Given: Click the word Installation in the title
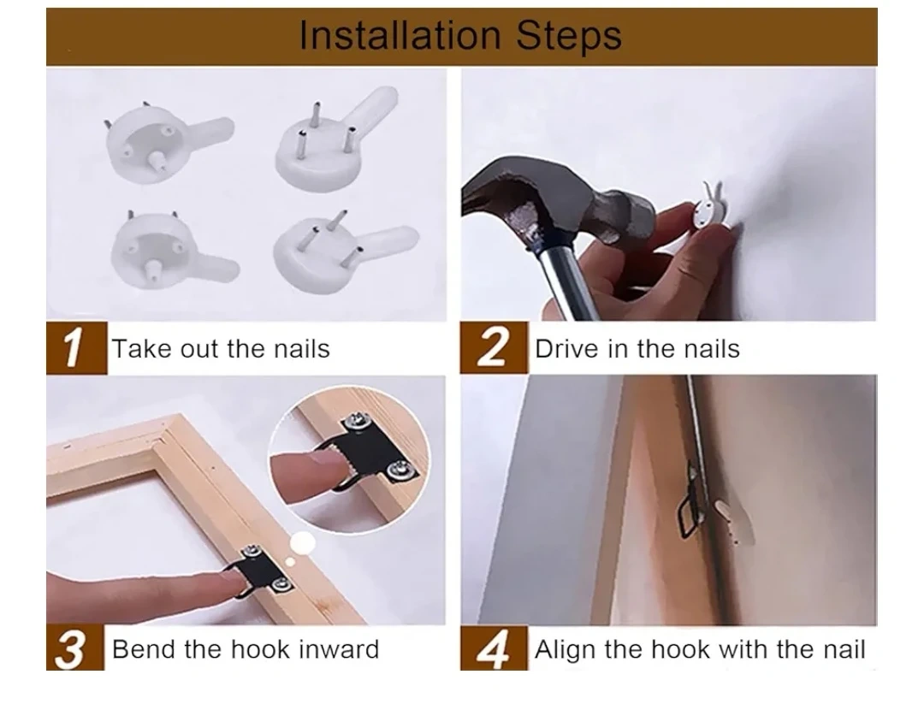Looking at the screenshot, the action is click(400, 35).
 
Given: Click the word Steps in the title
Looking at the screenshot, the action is click(569, 35).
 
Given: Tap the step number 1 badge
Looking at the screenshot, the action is click(77, 347).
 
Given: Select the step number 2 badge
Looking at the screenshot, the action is click(494, 347).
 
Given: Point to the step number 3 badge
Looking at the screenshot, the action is click(74, 648).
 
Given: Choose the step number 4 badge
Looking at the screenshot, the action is click(494, 648).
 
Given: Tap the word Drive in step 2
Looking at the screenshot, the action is click(567, 349).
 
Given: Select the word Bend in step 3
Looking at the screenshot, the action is click(144, 649).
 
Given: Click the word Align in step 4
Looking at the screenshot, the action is click(566, 649).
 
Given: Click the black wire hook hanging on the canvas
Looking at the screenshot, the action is click(691, 506).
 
